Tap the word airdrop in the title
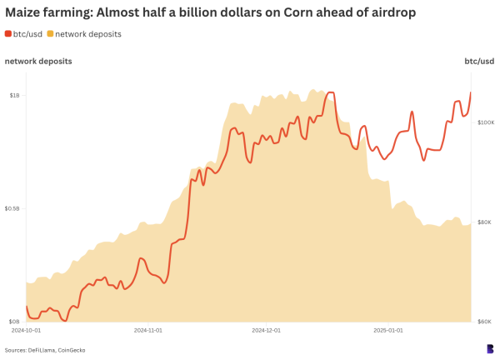pos(385,12)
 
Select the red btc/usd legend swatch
pos(8,33)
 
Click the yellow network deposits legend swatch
pos(50,33)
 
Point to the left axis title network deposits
pos(37,62)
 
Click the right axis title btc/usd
pos(478,62)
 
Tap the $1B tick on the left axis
pos(14,95)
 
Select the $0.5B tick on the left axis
pos(12,208)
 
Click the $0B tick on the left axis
pos(14,322)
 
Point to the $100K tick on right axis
pos(485,122)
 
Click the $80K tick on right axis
pos(487,222)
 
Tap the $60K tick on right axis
pos(487,322)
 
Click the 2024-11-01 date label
pos(147,331)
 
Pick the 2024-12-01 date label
pos(267,331)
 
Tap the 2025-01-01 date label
pos(387,331)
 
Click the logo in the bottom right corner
pos(490,348)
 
